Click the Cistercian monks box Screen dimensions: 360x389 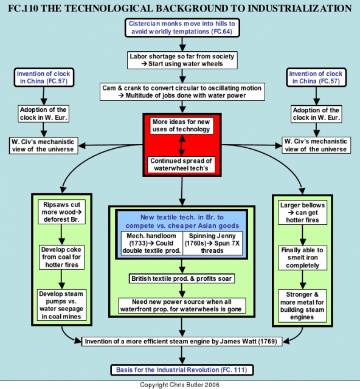(182, 28)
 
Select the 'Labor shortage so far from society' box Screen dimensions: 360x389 (182, 60)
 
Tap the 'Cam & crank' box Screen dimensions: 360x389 (182, 92)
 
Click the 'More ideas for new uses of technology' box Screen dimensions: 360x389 (181, 126)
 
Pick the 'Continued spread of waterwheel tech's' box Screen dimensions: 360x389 (181, 165)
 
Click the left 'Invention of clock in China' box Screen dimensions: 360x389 (44, 77)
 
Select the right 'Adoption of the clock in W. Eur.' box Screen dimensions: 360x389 (316, 114)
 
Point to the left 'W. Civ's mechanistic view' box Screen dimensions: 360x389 (43, 146)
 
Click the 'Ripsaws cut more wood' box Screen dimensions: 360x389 (61, 212)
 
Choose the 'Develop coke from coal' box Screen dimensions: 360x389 (61, 257)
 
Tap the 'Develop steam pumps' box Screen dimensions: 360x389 (61, 305)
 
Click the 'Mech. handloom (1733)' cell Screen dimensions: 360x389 (151, 243)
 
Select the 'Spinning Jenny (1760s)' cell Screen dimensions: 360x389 (212, 243)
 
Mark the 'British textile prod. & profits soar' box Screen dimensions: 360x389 (182, 278)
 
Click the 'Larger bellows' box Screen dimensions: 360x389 (302, 213)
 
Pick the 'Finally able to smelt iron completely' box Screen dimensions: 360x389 (302, 258)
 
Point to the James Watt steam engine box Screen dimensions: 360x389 (182, 342)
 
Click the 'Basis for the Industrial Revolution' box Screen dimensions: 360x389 (182, 370)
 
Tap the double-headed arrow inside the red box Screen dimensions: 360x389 (182, 145)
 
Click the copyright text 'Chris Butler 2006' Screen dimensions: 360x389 (194, 385)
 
